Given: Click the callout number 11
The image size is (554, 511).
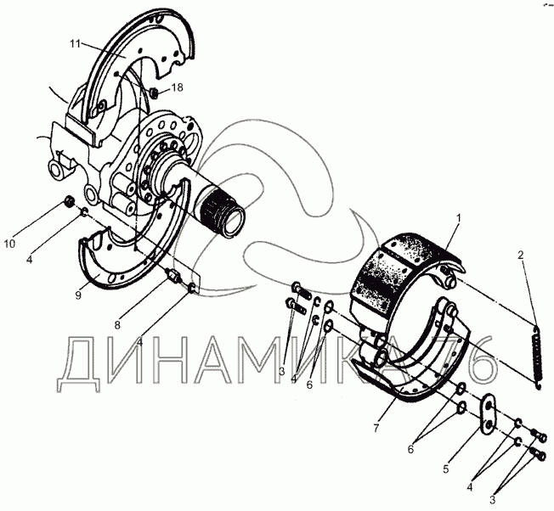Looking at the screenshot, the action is [76, 44].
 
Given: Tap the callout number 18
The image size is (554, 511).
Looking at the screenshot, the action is [178, 87].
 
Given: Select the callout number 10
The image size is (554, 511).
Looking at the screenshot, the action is [10, 244].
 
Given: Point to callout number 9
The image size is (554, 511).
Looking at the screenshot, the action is [78, 295].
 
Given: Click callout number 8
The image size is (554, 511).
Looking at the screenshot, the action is [117, 324].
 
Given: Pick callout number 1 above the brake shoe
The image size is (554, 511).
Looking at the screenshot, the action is [459, 218].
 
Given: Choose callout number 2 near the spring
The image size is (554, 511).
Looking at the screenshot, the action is [520, 255].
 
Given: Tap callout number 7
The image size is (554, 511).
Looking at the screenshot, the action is [376, 428].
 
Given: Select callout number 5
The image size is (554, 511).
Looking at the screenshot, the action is [446, 469].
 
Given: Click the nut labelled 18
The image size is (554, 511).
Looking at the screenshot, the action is [153, 93].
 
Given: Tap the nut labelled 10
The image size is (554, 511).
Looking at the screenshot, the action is [69, 203].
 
